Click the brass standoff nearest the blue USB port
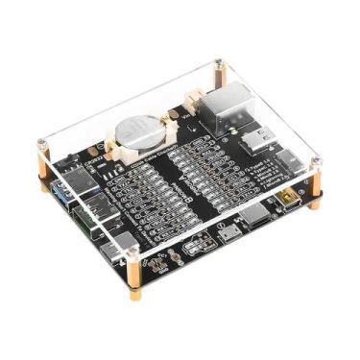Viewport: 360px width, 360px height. point(45,180)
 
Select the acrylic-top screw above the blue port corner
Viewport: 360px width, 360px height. point(42,144)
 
